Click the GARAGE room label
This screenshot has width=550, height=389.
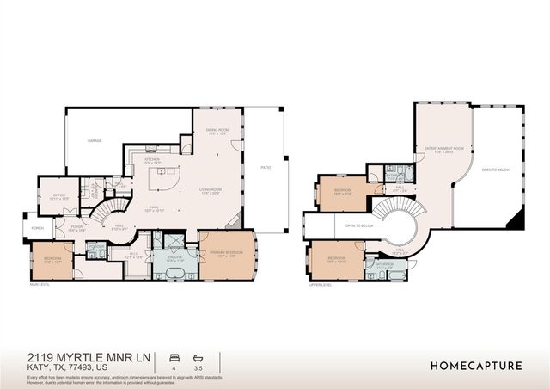(95, 140)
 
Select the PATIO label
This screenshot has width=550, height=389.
(266, 167)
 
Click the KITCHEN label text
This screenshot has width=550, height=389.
(152, 161)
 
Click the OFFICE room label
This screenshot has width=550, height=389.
(59, 195)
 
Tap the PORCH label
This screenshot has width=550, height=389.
(37, 228)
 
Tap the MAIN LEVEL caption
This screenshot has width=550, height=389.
(40, 283)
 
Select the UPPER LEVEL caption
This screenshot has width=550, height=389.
(321, 283)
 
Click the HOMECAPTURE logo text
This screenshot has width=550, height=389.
(476, 366)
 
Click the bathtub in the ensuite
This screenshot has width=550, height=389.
(175, 274)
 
